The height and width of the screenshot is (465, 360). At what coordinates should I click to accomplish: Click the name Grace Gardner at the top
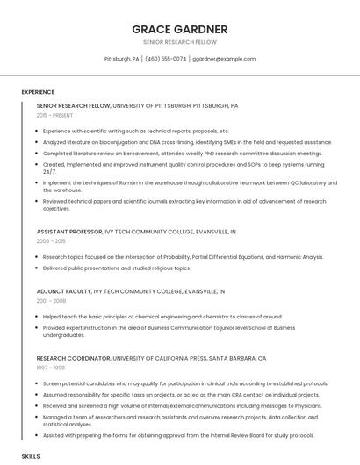(179, 29)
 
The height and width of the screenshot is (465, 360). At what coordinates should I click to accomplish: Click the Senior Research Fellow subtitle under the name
(179, 42)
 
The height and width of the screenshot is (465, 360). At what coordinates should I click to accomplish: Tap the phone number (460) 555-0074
(166, 59)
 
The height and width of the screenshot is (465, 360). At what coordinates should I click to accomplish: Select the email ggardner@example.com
(224, 59)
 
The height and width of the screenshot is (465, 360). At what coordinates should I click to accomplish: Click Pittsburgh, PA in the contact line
(122, 59)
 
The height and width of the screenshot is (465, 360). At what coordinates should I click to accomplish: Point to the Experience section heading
(38, 91)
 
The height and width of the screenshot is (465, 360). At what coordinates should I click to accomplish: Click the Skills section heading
(31, 456)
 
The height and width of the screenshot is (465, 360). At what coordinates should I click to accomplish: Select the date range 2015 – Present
(54, 115)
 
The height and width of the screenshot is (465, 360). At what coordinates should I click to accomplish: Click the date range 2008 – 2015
(51, 240)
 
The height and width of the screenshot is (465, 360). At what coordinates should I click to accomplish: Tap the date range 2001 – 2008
(51, 300)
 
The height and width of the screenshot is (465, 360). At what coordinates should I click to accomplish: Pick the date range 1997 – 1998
(50, 368)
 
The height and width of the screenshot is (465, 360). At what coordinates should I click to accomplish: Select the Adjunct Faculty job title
(63, 290)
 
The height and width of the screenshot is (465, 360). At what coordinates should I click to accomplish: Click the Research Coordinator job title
(74, 358)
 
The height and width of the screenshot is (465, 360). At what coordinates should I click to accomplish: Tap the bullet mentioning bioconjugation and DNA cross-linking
(187, 141)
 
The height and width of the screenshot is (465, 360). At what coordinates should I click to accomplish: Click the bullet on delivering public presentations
(116, 268)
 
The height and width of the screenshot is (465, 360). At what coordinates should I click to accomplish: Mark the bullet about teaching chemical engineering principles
(162, 316)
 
